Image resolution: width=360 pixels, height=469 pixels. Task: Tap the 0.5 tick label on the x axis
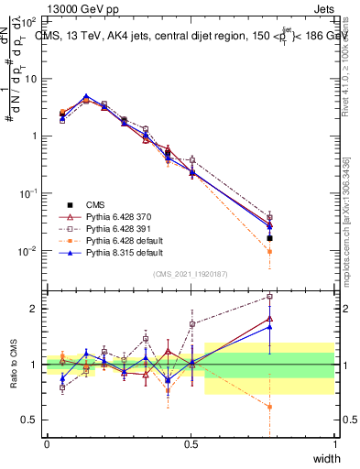pyautogui.click(x=191, y=443)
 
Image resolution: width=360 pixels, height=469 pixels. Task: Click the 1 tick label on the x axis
pyautogui.click(x=335, y=443)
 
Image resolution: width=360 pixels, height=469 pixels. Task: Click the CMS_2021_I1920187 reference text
pyautogui.click(x=191, y=274)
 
